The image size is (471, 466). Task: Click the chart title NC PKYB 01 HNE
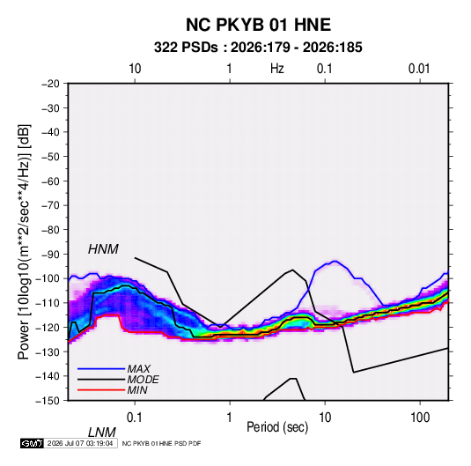[258, 25]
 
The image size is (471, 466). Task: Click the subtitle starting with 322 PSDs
[258, 48]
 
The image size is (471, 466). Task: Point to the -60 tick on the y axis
[50, 181]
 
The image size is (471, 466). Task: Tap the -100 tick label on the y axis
[48, 278]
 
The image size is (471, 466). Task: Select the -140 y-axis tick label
[48, 376]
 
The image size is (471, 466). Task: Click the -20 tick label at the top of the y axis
[50, 84]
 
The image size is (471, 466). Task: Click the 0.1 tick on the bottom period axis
[135, 418]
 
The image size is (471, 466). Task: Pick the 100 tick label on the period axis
[420, 418]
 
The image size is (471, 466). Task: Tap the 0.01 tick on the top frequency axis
[419, 69]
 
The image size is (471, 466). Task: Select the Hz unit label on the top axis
[276, 69]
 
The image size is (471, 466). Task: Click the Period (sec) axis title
[277, 427]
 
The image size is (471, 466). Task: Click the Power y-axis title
[24, 241]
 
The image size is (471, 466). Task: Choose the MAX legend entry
[139, 368]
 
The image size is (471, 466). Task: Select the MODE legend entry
[143, 380]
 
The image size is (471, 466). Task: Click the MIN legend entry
[137, 390]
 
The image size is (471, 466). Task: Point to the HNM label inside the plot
[103, 249]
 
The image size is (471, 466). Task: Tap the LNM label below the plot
[101, 433]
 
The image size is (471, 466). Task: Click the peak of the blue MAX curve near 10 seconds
[335, 261]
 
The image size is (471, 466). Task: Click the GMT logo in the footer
[32, 443]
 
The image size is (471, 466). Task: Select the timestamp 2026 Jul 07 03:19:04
[80, 443]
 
